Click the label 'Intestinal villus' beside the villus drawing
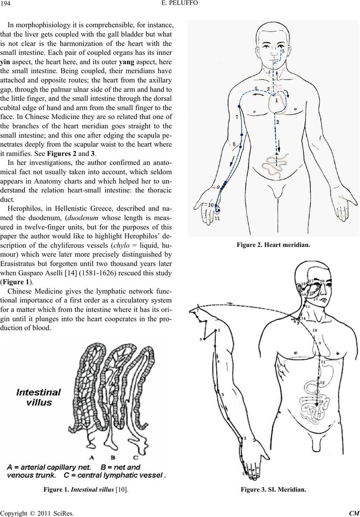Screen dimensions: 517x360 pyautogui.click(x=39, y=396)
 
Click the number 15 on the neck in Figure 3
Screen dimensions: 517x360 pyautogui.click(x=308, y=305)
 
